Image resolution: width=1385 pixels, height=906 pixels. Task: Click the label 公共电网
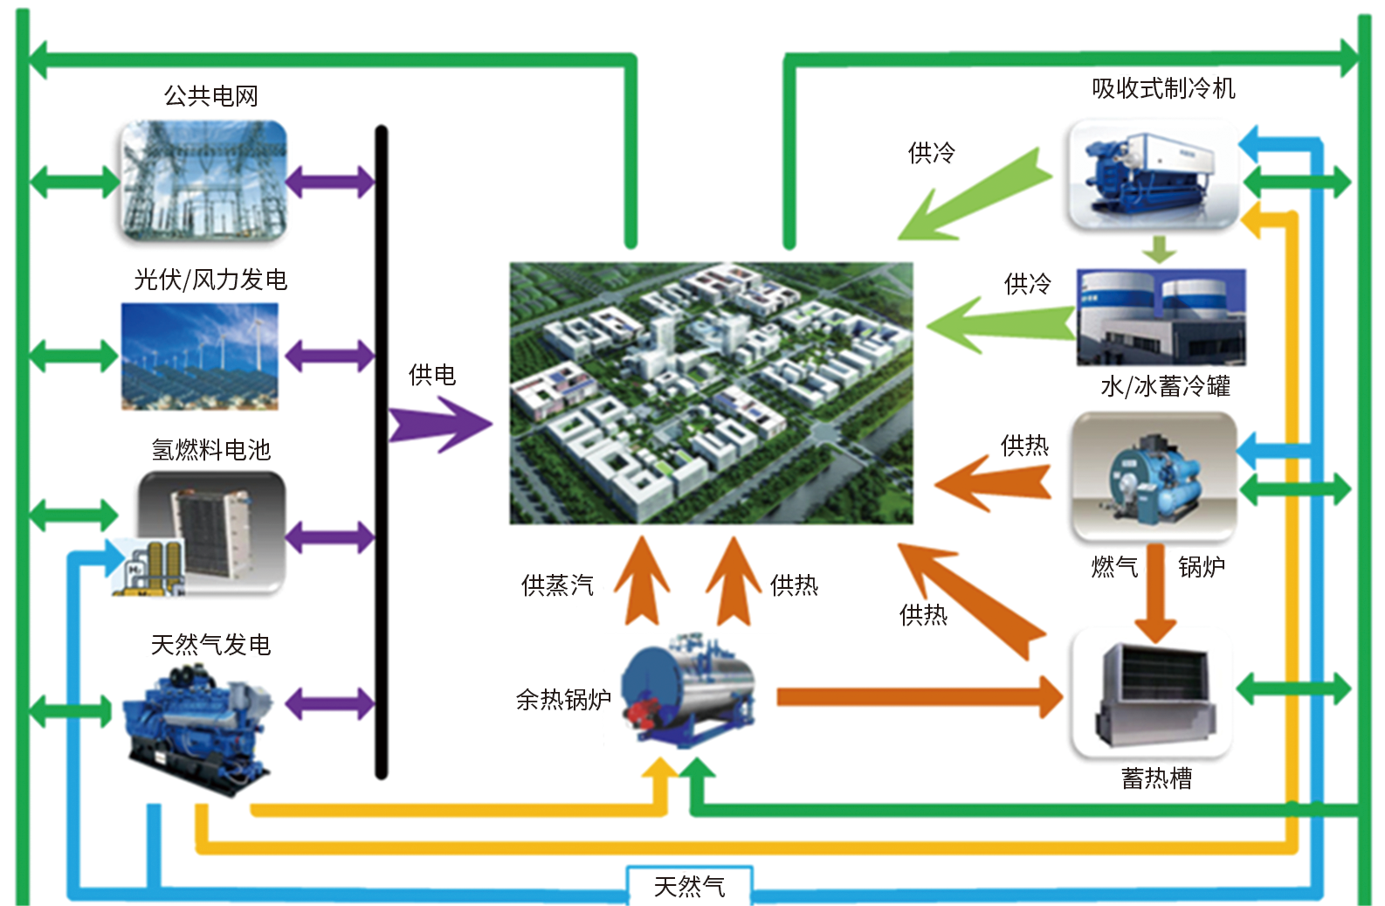tap(210, 95)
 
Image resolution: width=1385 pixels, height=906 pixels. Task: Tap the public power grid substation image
tap(203, 181)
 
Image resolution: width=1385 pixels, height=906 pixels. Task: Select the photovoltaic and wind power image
tap(200, 356)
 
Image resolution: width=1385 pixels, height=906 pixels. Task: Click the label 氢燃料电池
tap(210, 450)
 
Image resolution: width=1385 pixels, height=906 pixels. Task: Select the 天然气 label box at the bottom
tap(689, 886)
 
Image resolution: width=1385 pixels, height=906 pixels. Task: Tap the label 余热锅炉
tap(563, 699)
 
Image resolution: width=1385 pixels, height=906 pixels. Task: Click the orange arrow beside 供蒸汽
tap(643, 581)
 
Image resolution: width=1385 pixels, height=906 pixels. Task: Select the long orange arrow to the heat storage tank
tap(917, 696)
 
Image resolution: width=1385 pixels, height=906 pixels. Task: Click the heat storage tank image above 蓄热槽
tap(1153, 694)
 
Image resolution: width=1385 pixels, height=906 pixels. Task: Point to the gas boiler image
tap(1153, 477)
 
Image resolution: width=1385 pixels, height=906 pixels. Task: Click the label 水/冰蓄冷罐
tap(1165, 386)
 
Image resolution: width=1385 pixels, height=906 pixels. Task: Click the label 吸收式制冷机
tap(1163, 88)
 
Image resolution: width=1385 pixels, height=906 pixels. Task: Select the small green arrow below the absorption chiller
tap(1159, 249)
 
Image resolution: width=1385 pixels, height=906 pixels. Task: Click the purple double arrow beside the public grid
tap(329, 182)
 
